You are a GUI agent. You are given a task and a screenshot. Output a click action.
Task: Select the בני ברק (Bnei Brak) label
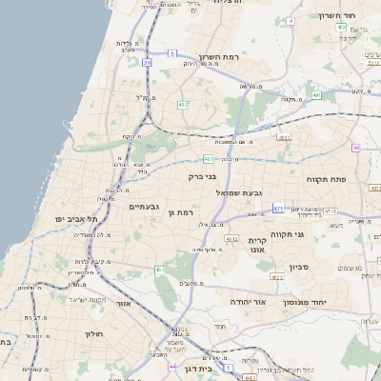(x=203, y=176)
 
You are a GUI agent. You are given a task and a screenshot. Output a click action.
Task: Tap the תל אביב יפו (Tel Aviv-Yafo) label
(x=62, y=218)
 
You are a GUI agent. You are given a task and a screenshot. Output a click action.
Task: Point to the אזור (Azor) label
(x=122, y=303)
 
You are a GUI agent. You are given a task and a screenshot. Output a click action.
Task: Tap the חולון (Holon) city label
(x=93, y=334)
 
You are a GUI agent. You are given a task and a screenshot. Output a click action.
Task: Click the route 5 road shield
(x=172, y=53)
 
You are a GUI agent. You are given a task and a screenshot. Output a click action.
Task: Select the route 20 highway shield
(x=147, y=63)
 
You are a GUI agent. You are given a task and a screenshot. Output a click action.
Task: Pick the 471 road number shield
(x=277, y=207)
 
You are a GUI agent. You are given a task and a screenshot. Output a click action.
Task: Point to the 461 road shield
(x=160, y=270)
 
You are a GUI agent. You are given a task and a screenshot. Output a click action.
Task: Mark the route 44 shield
(x=172, y=366)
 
